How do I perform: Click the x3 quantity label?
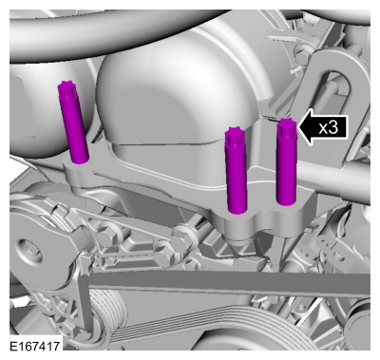pos(328,127)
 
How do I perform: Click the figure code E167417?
pos(36,349)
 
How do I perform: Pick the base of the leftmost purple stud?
pos(80,157)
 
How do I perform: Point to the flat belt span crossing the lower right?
pos(285,290)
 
